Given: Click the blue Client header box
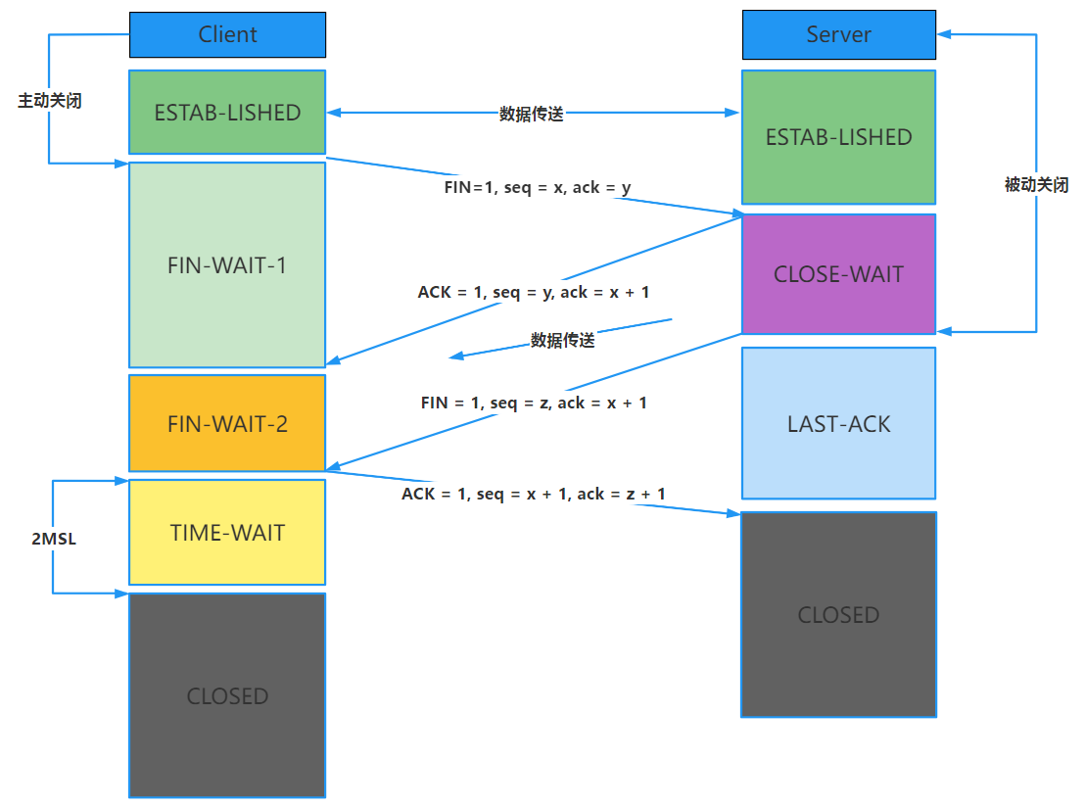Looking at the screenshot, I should point(227,34).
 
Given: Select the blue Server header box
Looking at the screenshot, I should point(838,34).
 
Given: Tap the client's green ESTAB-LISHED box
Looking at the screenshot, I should point(227,113).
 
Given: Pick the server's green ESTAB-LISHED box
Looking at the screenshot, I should point(838,137).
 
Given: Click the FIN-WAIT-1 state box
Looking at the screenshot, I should point(227,265).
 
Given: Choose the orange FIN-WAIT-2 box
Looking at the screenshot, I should point(227,424).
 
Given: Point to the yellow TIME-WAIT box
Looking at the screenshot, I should point(227,533).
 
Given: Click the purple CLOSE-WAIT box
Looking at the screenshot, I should point(838,274).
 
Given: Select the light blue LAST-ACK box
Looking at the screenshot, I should point(838,424).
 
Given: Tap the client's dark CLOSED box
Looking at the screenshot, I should point(227,695).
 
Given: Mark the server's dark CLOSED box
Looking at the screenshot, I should point(838,615).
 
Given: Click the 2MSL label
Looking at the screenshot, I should point(54,540).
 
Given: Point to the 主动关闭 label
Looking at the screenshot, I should point(50,101).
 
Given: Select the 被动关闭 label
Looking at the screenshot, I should point(1036,184).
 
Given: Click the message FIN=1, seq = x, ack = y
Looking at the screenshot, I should point(538,187).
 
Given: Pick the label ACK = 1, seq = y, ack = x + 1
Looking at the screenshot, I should point(534,292).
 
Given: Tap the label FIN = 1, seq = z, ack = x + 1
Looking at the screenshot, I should point(534,403).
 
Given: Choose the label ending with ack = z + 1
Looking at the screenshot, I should point(534,494).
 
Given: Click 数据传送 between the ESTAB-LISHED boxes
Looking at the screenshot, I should point(532,114).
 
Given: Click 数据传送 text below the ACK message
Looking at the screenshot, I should point(563,341).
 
